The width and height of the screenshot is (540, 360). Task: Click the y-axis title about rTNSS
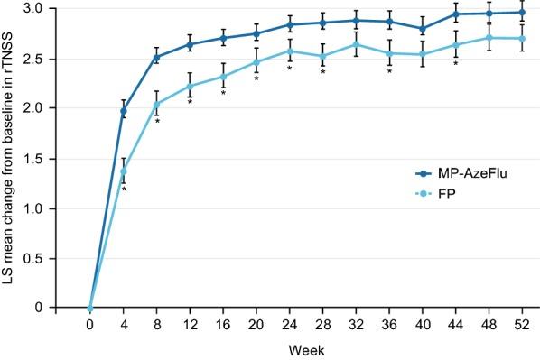point(11,158)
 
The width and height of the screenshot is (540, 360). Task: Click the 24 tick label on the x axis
point(289,322)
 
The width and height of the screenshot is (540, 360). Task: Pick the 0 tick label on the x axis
point(89,322)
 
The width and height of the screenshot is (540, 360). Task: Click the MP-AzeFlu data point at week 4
point(124,111)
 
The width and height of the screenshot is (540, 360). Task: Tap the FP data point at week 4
point(124,171)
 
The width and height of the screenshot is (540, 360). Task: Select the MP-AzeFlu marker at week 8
point(157,57)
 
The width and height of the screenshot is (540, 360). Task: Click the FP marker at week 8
point(157,104)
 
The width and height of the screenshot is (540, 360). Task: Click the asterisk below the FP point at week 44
point(456,64)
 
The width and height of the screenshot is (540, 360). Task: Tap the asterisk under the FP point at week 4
point(124,189)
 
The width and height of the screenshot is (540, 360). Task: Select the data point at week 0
point(90,308)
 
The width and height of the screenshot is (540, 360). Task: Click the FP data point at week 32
point(356,44)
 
